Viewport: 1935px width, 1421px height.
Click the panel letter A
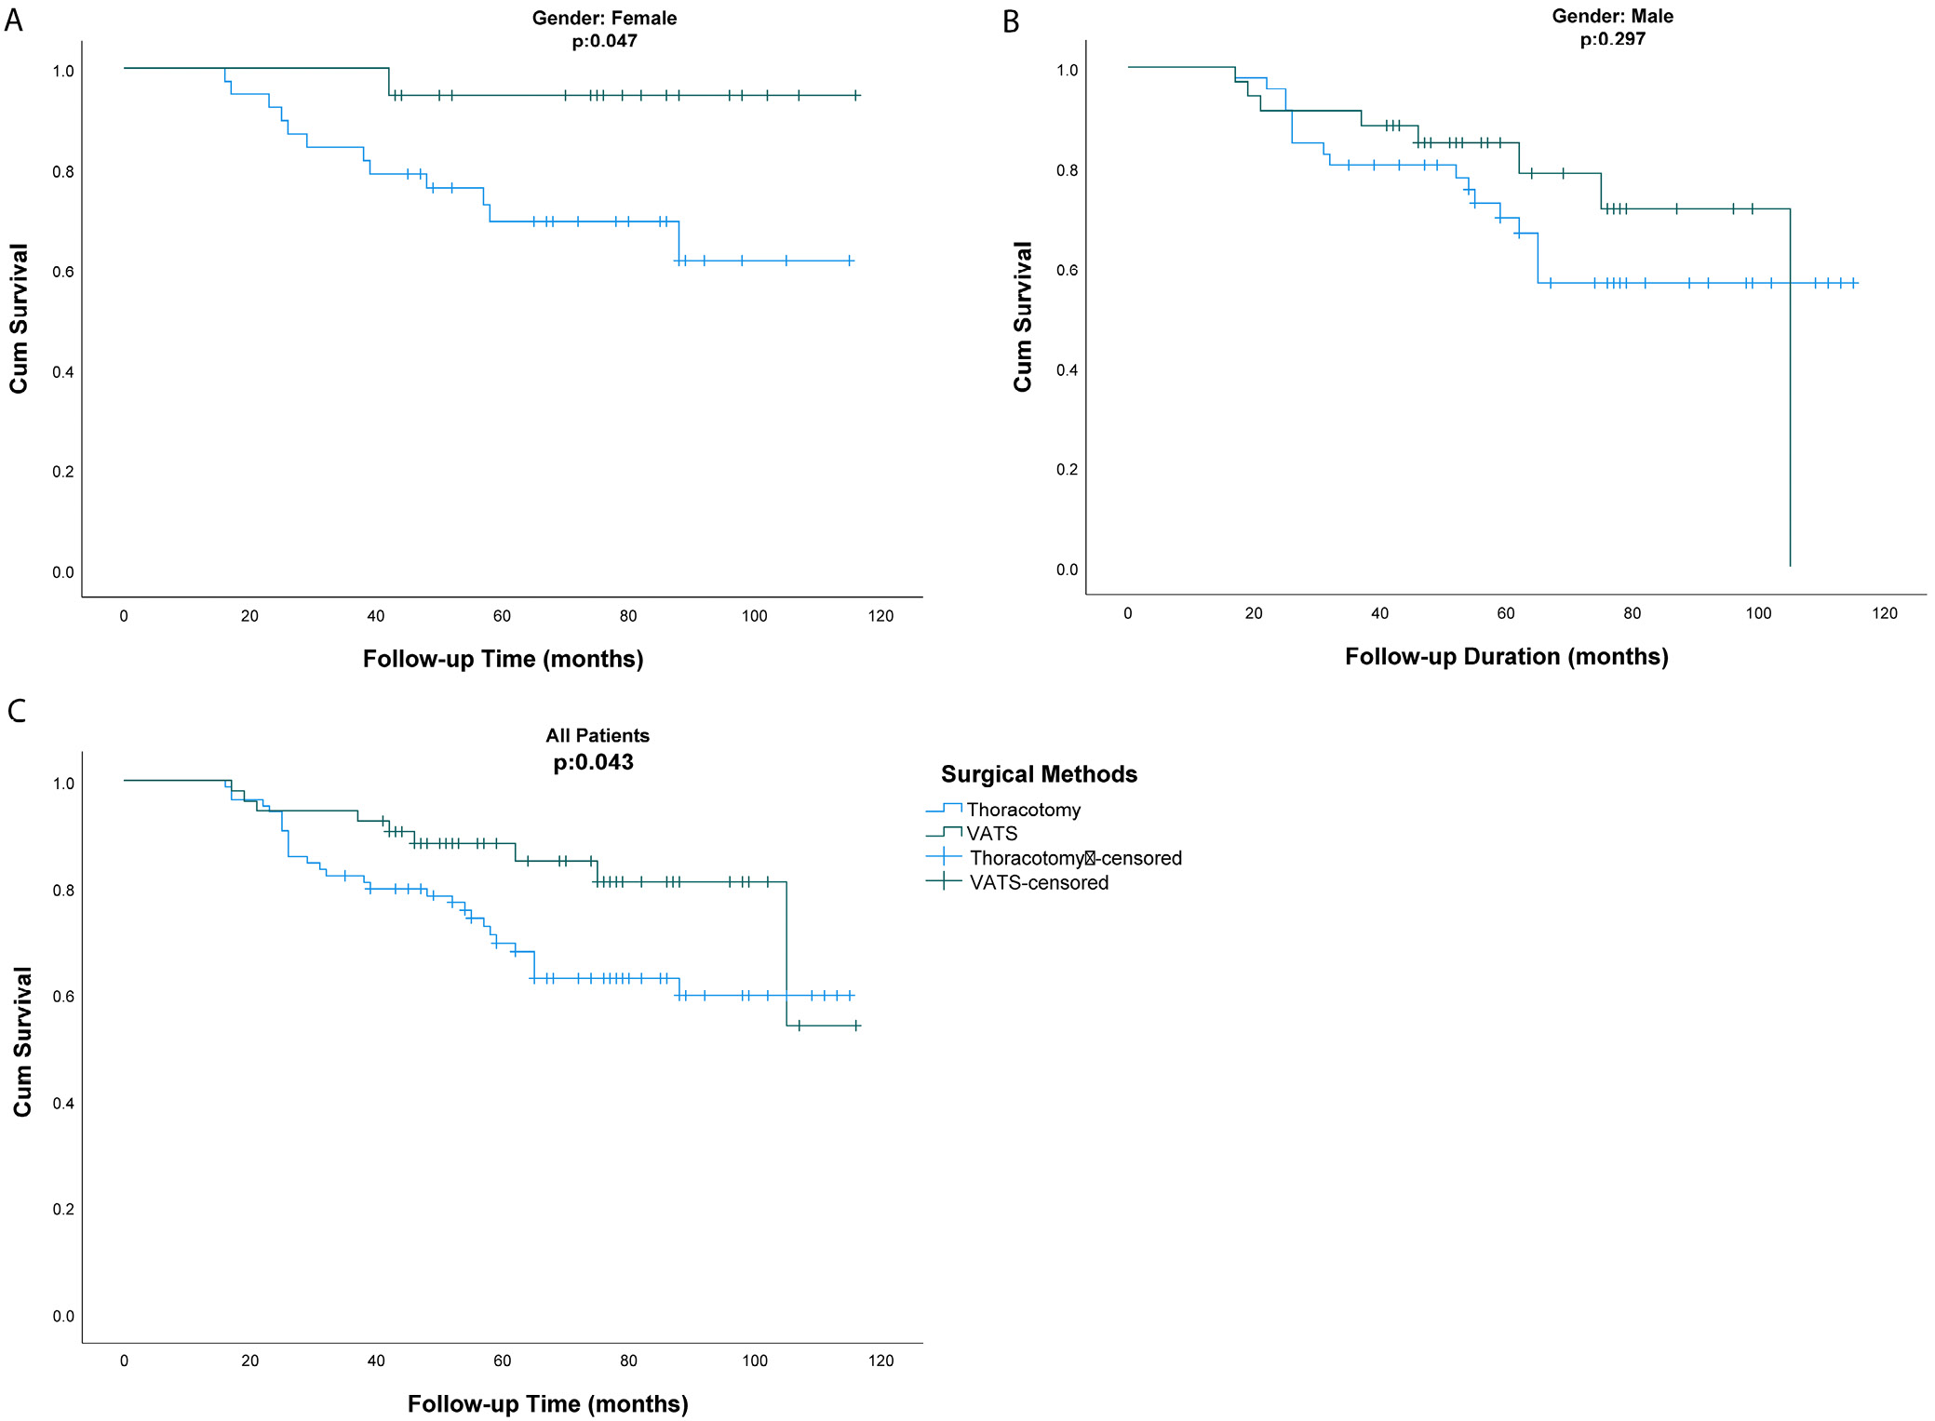13,20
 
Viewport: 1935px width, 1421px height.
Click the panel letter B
1011,21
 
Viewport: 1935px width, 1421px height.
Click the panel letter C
16,711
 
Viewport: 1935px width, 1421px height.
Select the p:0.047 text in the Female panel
604,41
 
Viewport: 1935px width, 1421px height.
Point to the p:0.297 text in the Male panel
1612,39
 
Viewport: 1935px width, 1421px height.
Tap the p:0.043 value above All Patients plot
593,762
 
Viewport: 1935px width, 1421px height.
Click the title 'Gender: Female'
604,18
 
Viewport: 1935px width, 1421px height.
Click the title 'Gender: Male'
1612,16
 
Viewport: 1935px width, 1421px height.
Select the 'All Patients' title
597,735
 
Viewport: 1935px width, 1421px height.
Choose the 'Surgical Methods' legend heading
1039,774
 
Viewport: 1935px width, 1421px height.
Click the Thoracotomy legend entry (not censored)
1023,810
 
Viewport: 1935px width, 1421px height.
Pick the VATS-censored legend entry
1038,882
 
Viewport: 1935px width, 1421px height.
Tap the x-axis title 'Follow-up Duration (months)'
1506,656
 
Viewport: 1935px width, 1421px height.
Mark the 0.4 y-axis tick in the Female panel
62,372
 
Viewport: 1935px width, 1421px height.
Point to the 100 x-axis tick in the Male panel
1757,613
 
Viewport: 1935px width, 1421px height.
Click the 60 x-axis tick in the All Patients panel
502,1361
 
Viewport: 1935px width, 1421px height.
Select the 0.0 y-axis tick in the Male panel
1067,570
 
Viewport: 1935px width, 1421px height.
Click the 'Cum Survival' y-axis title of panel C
22,1041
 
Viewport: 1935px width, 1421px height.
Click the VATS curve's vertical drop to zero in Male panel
1789,391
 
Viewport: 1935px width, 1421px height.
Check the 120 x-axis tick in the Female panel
880,616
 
